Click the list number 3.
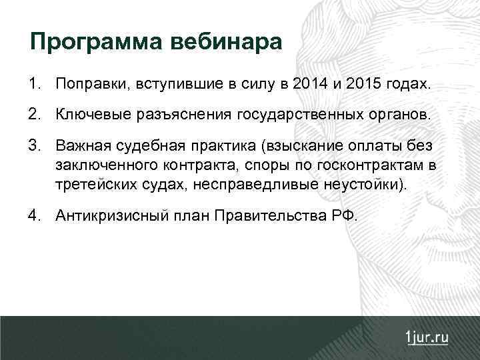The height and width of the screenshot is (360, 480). pyautogui.click(x=33, y=145)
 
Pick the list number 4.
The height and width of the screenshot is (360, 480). pyautogui.click(x=33, y=215)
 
